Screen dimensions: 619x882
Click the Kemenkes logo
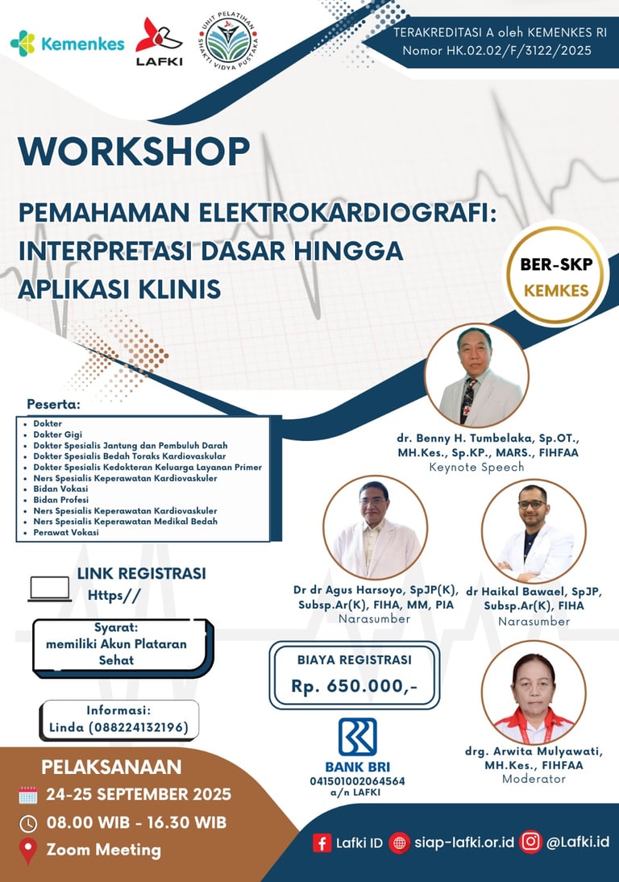tap(68, 44)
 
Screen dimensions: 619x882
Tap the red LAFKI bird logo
tap(159, 35)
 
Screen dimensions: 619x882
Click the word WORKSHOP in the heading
tap(134, 152)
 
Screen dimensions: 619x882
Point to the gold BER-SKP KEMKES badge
tap(555, 276)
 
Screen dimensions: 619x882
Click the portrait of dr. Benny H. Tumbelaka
tap(476, 375)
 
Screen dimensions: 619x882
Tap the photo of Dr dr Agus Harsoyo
tap(375, 527)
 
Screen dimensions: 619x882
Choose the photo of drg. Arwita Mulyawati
tap(534, 693)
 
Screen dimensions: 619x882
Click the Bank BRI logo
tap(358, 737)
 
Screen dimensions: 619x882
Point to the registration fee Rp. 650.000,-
tap(355, 686)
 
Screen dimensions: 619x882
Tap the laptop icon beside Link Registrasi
tap(50, 589)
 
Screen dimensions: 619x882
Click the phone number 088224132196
tap(139, 727)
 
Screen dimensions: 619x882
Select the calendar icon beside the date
tap(28, 795)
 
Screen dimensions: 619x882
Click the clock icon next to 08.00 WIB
tap(28, 823)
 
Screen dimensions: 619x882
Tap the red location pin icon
tap(28, 851)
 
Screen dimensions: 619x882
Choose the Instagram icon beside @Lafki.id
tap(530, 842)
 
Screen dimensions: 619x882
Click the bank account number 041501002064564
tap(358, 781)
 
